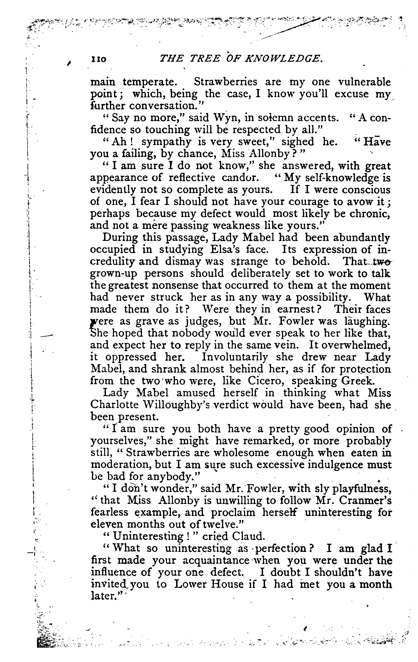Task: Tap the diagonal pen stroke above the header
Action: click(289, 29)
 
